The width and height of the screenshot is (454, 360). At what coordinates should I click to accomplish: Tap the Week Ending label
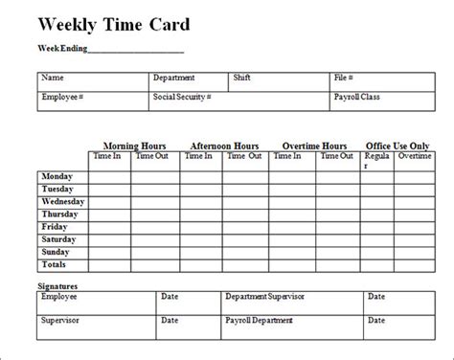[62, 48]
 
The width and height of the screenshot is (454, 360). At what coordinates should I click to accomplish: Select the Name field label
[54, 78]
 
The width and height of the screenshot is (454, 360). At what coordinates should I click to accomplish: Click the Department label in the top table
[173, 78]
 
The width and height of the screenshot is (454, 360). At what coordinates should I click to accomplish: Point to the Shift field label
[243, 78]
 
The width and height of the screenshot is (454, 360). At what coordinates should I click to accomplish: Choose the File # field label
[345, 78]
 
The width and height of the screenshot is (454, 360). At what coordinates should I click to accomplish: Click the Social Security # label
[181, 97]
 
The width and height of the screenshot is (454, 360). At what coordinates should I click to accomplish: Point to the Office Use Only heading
[397, 146]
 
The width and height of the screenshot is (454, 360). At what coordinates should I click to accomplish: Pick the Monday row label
[57, 177]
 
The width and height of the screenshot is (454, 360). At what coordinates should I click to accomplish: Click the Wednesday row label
[63, 202]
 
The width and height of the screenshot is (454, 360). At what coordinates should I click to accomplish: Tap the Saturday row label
[59, 239]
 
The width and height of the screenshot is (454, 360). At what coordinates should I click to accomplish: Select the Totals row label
[56, 263]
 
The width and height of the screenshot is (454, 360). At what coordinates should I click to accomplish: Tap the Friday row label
[55, 227]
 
